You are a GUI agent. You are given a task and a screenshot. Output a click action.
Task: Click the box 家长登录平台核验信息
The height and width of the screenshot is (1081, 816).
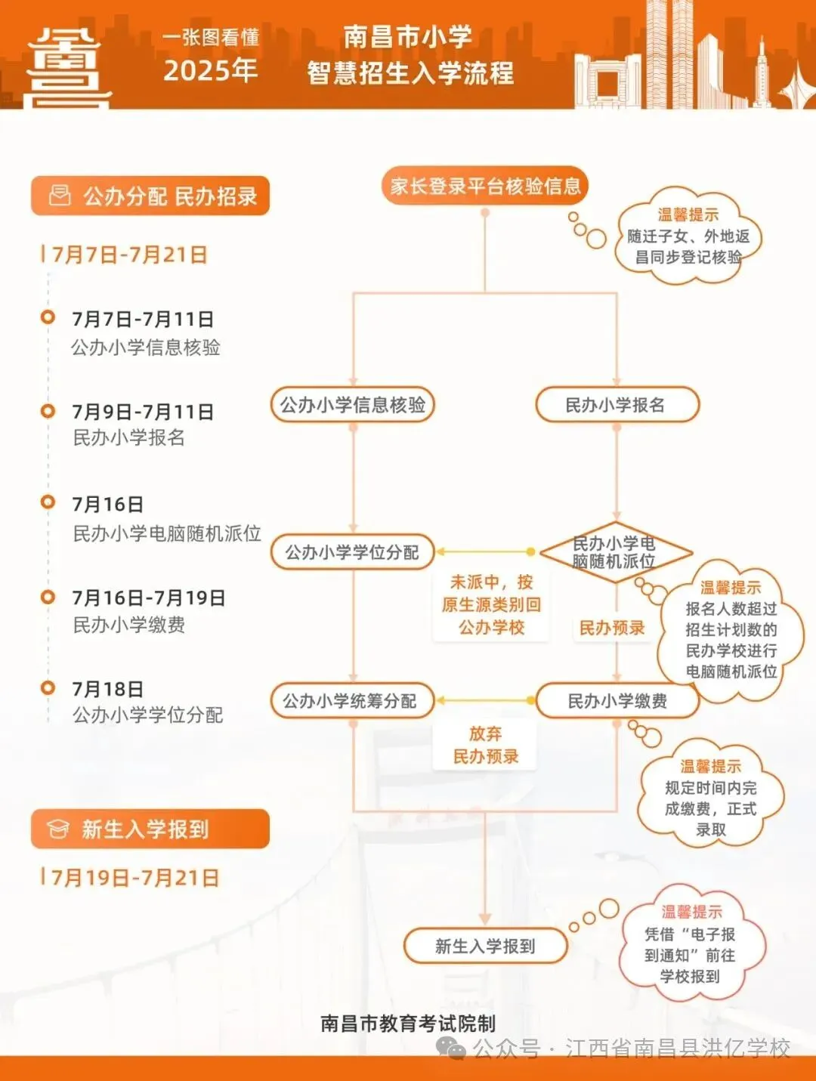pyautogui.click(x=485, y=187)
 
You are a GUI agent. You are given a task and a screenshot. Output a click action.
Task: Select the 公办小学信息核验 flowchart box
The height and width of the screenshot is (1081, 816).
pyautogui.click(x=353, y=406)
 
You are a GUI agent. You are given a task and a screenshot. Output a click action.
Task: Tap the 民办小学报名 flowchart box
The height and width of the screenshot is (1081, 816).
pyautogui.click(x=617, y=406)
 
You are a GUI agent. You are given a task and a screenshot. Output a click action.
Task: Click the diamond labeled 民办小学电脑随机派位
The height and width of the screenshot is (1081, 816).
pyautogui.click(x=615, y=553)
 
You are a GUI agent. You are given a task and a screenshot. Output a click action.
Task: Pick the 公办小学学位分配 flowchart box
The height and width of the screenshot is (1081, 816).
pyautogui.click(x=352, y=553)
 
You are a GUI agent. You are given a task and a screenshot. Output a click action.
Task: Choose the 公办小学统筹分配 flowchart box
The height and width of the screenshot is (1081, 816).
pyautogui.click(x=352, y=701)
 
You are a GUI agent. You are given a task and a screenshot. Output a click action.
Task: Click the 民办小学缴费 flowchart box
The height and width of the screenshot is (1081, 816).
pyautogui.click(x=617, y=701)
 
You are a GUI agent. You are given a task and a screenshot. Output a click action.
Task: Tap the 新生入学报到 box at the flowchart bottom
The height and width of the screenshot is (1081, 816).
pyautogui.click(x=485, y=947)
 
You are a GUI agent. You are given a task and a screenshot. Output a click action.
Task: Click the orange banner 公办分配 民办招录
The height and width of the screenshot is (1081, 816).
pyautogui.click(x=150, y=196)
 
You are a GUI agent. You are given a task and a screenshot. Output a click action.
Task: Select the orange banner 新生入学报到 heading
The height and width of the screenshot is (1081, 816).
pyautogui.click(x=150, y=829)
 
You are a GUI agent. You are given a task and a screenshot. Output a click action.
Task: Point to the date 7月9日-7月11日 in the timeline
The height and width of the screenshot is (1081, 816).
pyautogui.click(x=143, y=412)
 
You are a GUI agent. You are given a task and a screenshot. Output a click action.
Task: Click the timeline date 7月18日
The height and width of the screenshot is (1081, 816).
pyautogui.click(x=108, y=689)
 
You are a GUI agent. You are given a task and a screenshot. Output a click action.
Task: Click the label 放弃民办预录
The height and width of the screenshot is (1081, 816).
pyautogui.click(x=485, y=745)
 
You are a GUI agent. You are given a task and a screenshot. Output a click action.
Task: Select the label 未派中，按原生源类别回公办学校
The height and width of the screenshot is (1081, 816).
pyautogui.click(x=491, y=604)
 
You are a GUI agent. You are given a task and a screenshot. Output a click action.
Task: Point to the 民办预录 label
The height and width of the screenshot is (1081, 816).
pyautogui.click(x=612, y=628)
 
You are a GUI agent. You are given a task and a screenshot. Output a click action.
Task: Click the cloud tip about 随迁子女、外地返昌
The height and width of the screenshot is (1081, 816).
pyautogui.click(x=688, y=236)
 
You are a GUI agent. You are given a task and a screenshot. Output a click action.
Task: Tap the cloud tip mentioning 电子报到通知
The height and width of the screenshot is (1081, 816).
pyautogui.click(x=690, y=945)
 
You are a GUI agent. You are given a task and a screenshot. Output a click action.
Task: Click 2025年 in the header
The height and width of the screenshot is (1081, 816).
pyautogui.click(x=210, y=70)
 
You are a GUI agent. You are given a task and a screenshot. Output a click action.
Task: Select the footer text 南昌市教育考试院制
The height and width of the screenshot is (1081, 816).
pyautogui.click(x=408, y=1024)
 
